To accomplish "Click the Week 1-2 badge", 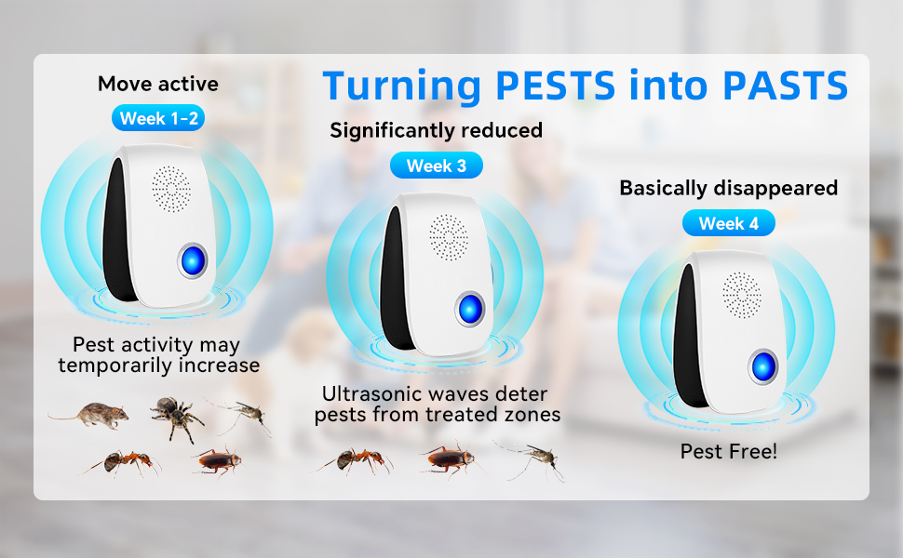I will pos(157,118).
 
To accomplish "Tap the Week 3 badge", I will pos(437,166).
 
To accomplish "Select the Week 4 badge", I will pos(729,223).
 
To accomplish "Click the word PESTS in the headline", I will pos(555,86).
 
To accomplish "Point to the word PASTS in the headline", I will pos(785,86).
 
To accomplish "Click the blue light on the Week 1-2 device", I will pos(193,260).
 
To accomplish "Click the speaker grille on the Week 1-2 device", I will pos(170,188).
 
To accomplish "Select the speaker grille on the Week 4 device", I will pos(742,293).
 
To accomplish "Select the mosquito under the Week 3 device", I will pos(532,459).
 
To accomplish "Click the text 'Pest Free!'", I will pos(729,452).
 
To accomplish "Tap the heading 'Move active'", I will pos(158,84).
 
